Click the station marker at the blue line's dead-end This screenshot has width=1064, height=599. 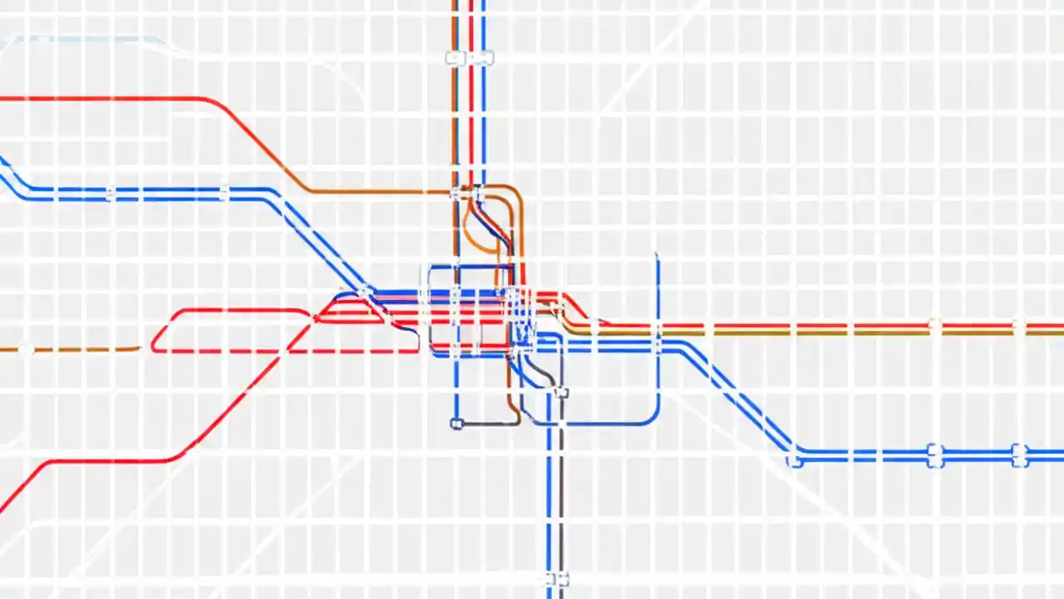[x=456, y=423]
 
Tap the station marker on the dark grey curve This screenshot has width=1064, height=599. [x=562, y=393]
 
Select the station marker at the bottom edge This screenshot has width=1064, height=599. [x=555, y=579]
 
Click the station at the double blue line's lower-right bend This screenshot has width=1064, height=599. [x=795, y=458]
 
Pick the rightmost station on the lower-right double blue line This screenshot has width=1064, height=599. [x=1019, y=455]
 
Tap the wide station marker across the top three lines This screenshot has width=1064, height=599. [x=469, y=58]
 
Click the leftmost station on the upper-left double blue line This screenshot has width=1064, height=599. [x=111, y=193]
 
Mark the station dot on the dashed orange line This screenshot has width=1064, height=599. [x=27, y=349]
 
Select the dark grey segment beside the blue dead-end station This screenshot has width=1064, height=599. [x=486, y=424]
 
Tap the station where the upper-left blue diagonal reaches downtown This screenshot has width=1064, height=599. [x=366, y=292]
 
